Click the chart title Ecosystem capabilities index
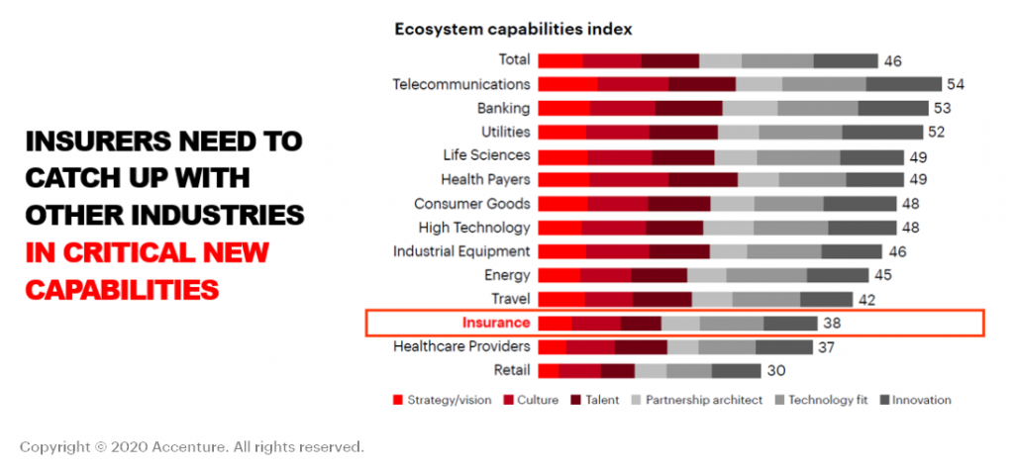pos(514,29)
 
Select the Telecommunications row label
pos(461,84)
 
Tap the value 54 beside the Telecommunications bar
pos(956,84)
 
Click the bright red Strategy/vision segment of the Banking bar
pos(564,108)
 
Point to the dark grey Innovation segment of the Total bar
pos(846,60)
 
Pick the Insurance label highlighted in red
pos(496,323)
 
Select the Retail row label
pos(511,370)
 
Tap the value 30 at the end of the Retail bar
pos(775,370)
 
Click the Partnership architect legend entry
pos(704,400)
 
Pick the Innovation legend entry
pos(921,400)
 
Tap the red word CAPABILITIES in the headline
pos(122,290)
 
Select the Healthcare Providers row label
pos(461,346)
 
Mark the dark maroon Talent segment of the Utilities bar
pos(683,132)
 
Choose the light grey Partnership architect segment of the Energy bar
pos(707,275)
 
